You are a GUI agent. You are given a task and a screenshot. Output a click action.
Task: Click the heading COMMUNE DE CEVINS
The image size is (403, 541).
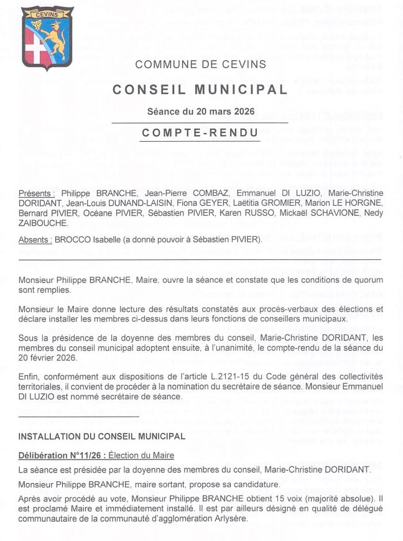click(200, 64)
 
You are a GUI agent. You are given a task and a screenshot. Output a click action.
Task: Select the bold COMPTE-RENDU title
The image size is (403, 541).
click(200, 132)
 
